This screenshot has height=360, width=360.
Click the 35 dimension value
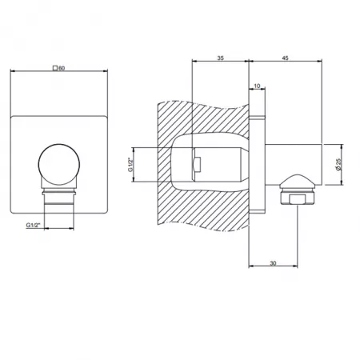[x=220, y=58]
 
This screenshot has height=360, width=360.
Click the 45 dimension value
[x=285, y=58]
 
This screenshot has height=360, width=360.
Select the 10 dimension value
[x=257, y=86]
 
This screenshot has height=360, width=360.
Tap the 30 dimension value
[x=273, y=263]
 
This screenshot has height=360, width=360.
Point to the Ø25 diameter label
[x=338, y=165]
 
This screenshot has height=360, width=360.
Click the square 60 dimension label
[x=59, y=68]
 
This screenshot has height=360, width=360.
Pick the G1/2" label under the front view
[x=33, y=225]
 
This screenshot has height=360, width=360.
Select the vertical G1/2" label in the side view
[x=130, y=165]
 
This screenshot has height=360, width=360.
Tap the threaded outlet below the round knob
[x=59, y=196]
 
